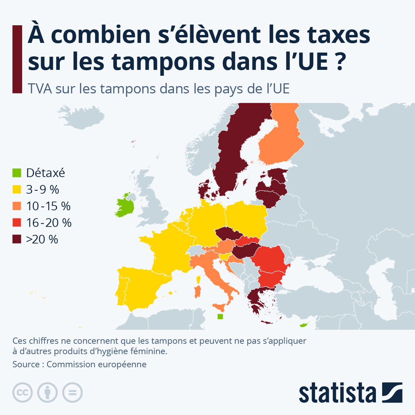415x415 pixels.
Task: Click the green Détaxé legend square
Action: click(17, 173)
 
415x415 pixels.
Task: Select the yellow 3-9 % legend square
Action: click(17, 189)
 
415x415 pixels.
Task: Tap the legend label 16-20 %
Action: click(49, 222)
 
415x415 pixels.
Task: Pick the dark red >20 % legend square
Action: click(17, 239)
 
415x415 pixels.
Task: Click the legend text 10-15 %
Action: click(48, 206)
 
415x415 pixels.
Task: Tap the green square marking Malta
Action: click(220, 316)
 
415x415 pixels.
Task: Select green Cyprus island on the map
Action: click(304, 324)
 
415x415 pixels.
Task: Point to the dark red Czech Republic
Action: click(229, 234)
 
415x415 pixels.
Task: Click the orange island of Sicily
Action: click(220, 307)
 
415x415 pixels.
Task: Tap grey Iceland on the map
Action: click(81, 117)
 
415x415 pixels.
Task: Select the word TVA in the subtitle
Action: click(40, 89)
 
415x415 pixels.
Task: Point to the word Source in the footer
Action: click(26, 365)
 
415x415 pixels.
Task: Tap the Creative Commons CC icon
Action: click(22, 393)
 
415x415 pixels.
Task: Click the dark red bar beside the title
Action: click(17, 59)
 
